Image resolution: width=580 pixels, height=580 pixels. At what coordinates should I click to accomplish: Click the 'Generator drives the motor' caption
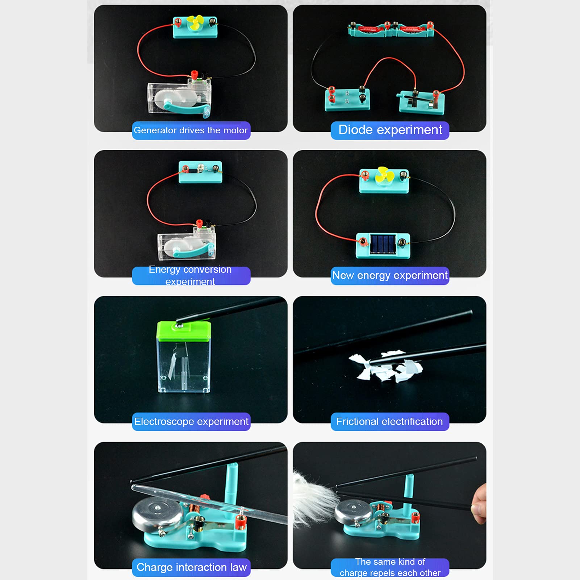(x=191, y=130)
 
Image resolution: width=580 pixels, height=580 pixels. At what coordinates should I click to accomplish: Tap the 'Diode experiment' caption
(x=390, y=130)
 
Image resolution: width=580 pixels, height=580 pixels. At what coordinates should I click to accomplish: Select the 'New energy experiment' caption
(x=390, y=276)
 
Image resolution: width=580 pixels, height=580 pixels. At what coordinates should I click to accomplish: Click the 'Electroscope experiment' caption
(x=191, y=422)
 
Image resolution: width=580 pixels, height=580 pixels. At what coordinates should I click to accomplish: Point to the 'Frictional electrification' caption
(x=389, y=422)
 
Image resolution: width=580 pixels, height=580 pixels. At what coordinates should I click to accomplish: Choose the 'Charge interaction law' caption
(x=191, y=567)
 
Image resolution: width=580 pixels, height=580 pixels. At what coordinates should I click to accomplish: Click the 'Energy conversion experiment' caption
(x=191, y=276)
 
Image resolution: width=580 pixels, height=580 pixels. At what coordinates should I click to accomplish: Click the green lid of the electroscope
(x=184, y=331)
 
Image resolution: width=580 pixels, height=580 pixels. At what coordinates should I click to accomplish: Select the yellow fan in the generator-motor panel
(x=196, y=24)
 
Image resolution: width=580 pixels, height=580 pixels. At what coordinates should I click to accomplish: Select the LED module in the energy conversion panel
(x=200, y=172)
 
